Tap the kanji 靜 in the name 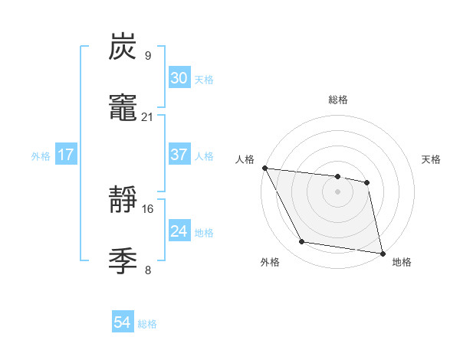(x=123, y=200)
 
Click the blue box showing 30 (x=179, y=78)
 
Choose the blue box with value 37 (x=179, y=155)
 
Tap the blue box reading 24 (x=179, y=231)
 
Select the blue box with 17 (x=66, y=155)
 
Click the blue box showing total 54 (x=122, y=323)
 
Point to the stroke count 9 (x=147, y=56)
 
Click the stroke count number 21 (x=147, y=116)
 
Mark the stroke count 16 (x=147, y=208)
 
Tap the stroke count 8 (x=147, y=270)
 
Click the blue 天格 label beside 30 (x=203, y=80)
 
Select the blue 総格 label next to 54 (x=147, y=325)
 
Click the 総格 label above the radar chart (x=337, y=100)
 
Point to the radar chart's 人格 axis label (x=245, y=159)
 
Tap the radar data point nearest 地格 (x=381, y=253)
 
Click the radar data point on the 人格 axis (x=264, y=168)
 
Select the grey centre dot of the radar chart (x=337, y=191)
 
